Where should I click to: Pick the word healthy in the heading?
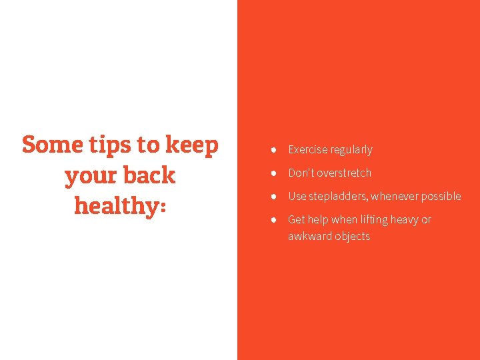[x=114, y=206]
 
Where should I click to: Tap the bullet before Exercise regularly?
[x=274, y=150]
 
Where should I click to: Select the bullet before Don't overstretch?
[x=274, y=173]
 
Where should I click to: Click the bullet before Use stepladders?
[x=274, y=197]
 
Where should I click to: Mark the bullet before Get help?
[x=274, y=220]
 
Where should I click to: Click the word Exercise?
[x=307, y=150]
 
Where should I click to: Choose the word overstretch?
[x=344, y=173]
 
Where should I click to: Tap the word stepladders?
[x=339, y=197]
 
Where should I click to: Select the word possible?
[x=441, y=197]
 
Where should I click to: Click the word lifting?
[x=375, y=220]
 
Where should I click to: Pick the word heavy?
[x=405, y=220]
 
